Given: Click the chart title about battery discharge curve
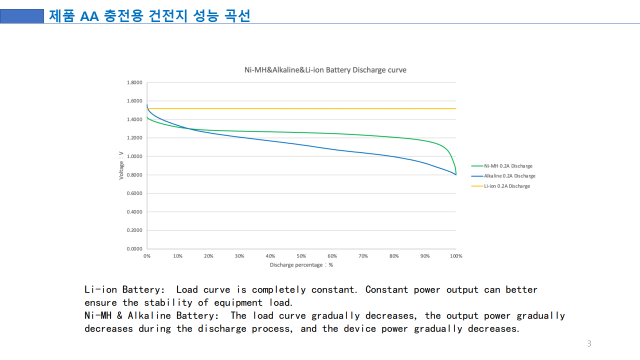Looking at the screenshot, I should [x=325, y=70].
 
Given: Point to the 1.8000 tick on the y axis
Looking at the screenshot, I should [x=134, y=82].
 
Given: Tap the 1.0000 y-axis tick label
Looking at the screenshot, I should [x=134, y=156].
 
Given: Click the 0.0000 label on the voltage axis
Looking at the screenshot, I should [x=134, y=248].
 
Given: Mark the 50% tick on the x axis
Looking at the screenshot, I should [x=301, y=256].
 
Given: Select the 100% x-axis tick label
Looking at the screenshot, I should [x=456, y=256].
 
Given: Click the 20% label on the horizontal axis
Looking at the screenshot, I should [x=208, y=256].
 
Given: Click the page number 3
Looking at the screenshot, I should [x=589, y=343].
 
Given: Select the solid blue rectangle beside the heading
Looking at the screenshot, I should [x=22, y=16].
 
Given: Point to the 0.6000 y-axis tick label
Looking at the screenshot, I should [x=134, y=193].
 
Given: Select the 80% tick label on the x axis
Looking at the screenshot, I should [x=394, y=256].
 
